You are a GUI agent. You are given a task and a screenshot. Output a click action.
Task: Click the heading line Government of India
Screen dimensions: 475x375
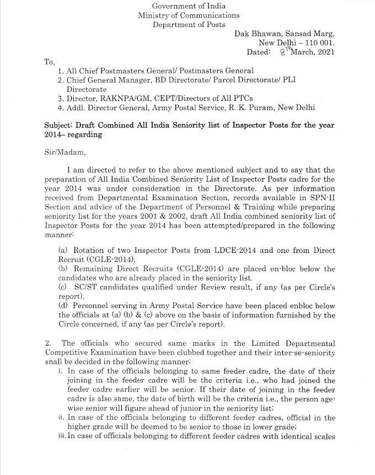[189, 6]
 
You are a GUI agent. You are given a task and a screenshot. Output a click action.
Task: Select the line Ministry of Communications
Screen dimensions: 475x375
[189, 15]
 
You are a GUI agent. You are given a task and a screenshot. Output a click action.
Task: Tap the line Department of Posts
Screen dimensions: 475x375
[189, 25]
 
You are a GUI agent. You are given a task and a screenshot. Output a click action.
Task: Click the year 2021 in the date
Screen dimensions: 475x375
[323, 52]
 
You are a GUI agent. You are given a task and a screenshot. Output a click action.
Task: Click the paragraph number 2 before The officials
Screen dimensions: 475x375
[47, 343]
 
